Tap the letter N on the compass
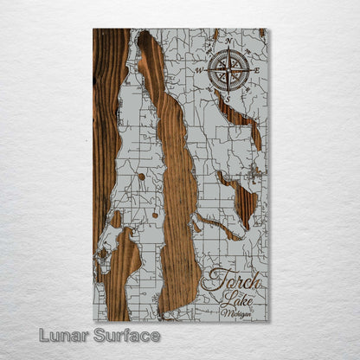point(229,41)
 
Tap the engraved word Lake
point(233,299)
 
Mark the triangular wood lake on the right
point(242,201)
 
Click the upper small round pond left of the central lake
point(140,177)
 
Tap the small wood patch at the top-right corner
point(261,33)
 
